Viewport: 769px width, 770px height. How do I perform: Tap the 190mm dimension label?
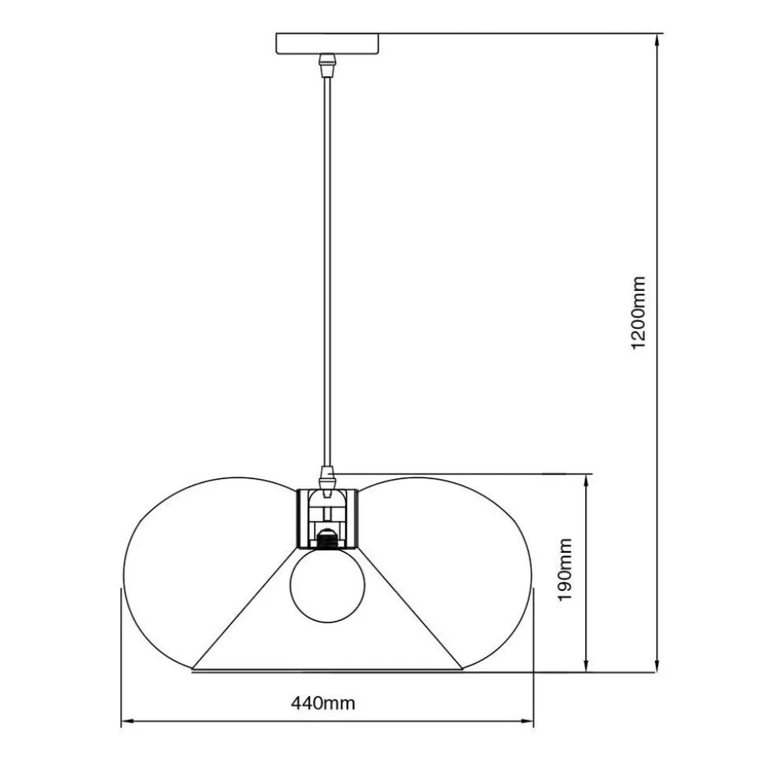pos(566,569)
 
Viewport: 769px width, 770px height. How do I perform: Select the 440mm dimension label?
pos(323,703)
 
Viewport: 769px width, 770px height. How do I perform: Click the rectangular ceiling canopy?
pos(327,43)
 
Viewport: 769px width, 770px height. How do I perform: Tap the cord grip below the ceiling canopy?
pos(327,65)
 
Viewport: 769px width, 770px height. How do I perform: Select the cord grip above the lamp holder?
pos(327,477)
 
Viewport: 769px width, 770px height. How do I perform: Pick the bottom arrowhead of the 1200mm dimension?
pos(656,665)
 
